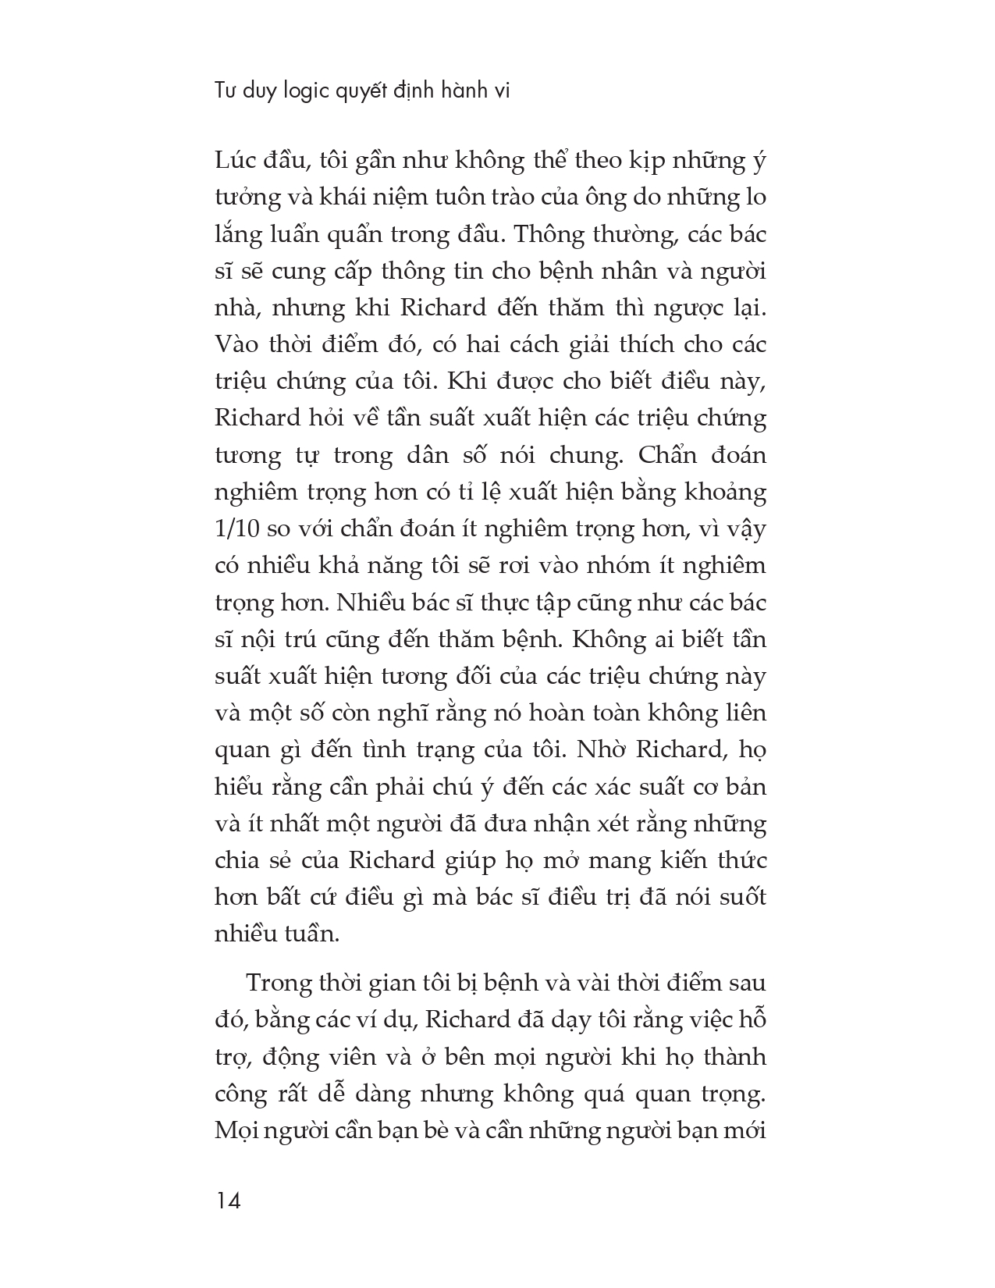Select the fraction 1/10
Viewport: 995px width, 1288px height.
tap(237, 528)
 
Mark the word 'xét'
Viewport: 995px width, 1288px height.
tap(611, 824)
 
